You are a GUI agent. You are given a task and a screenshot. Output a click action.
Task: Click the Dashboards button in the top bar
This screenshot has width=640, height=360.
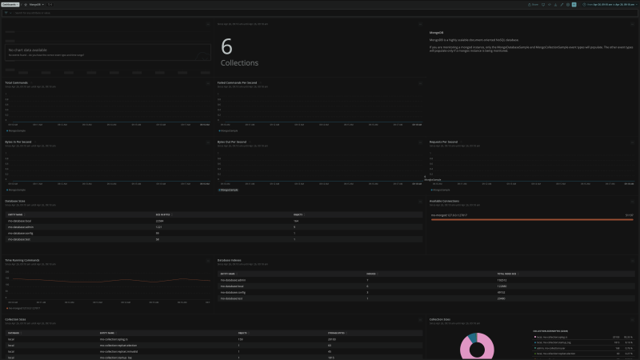(10, 4)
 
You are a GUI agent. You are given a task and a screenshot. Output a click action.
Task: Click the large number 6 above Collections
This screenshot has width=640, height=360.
(226, 46)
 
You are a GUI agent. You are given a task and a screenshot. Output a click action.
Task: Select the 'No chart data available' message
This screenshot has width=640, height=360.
(29, 50)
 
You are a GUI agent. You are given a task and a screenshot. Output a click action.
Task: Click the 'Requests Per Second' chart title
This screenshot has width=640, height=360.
(443, 142)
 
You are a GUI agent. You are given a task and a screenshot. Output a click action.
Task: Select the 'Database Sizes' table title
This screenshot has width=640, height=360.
(17, 202)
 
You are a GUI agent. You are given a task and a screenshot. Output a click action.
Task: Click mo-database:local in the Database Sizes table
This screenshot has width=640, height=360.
(19, 221)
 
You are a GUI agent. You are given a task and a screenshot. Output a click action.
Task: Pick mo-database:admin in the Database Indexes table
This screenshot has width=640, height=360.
(233, 280)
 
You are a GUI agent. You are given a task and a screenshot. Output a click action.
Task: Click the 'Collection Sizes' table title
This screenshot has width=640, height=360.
(18, 319)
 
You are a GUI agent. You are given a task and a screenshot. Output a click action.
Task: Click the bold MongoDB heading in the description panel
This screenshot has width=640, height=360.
(438, 32)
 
